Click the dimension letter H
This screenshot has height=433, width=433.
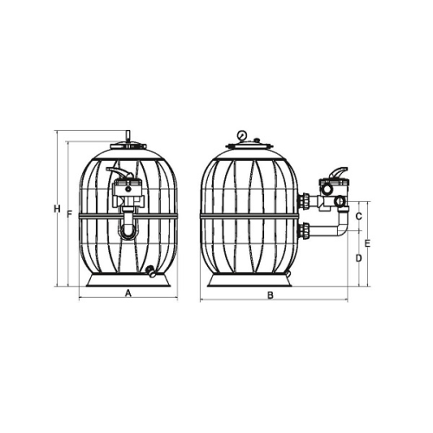pos(55,210)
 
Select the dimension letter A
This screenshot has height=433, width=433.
pos(128,294)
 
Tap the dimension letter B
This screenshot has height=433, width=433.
pos(270,295)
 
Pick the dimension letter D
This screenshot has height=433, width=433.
pos(359,258)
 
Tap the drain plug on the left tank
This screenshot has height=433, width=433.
pos(151,272)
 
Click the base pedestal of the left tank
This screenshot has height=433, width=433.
pos(127,282)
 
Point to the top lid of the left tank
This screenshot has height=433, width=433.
pos(128,152)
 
